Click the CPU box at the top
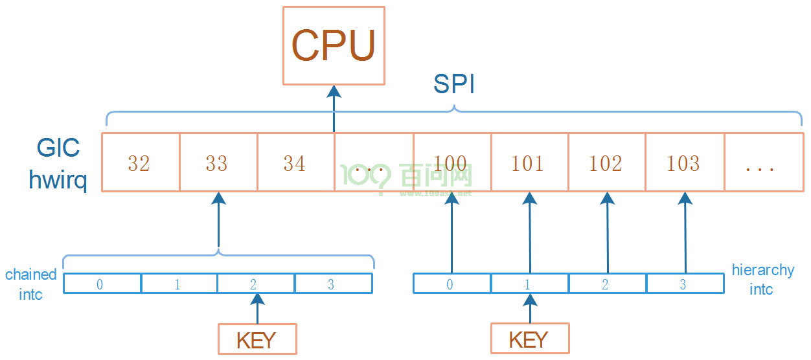coord(334,45)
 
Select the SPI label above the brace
coord(454,84)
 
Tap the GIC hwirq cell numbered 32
coord(141,162)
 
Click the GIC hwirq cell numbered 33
coord(218,162)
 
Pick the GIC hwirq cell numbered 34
coord(296,162)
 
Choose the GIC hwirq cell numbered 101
coord(529,162)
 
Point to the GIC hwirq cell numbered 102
coord(607,162)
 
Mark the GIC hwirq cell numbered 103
coord(685,162)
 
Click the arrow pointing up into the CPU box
coord(334,109)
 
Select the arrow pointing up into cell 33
coord(219,219)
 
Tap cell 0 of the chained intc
coord(102,284)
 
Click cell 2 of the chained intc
coord(256,284)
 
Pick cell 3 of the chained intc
coord(334,284)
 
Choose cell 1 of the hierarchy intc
coord(530,284)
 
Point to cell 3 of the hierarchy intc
coord(685,284)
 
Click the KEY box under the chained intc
coord(257,339)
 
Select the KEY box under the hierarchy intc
coord(530,338)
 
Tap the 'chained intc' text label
coord(31,284)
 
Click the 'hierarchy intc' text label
coord(763,279)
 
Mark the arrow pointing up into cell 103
coord(685,232)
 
